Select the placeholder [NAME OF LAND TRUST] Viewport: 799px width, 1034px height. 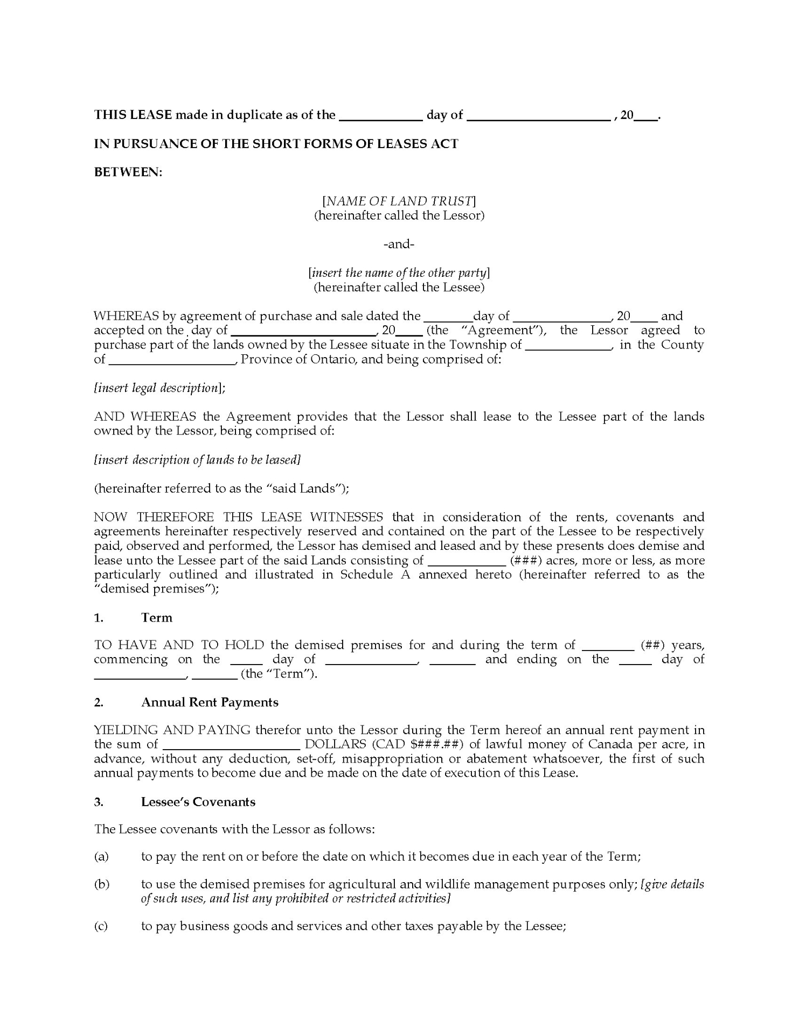coord(399,201)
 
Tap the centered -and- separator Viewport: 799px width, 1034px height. coord(399,244)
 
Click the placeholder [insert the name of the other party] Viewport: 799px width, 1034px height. coord(399,273)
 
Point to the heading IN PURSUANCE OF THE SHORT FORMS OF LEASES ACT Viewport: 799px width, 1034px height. coord(276,144)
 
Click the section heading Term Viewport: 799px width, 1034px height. coord(156,618)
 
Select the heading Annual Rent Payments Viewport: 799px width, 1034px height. coord(210,702)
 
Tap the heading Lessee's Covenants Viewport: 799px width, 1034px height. coord(198,802)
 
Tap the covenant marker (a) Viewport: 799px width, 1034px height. coord(101,857)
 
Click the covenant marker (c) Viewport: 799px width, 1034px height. coord(101,927)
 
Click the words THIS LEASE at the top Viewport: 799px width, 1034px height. coord(133,115)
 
